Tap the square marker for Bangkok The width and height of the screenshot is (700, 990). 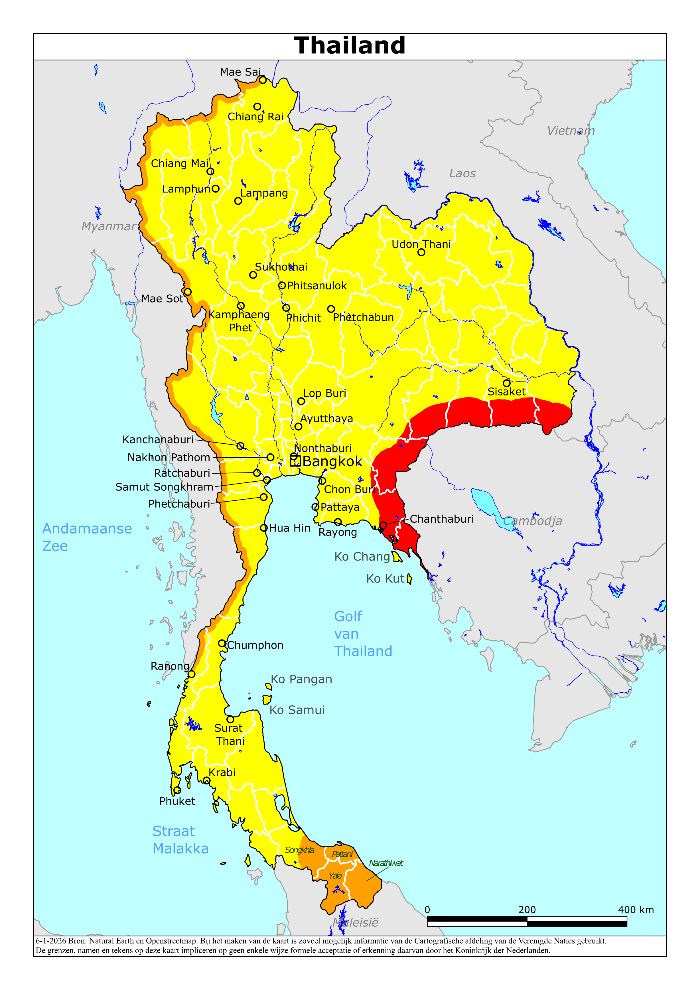295,461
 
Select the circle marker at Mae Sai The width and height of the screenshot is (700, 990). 263,80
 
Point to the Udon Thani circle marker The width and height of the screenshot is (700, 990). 421,252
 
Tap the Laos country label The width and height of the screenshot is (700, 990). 462,173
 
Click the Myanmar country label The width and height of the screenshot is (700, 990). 108,226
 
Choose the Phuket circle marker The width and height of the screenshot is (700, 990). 177,790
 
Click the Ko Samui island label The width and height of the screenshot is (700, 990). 297,710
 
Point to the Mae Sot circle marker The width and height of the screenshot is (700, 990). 188,292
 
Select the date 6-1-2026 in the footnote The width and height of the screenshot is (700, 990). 50,941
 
